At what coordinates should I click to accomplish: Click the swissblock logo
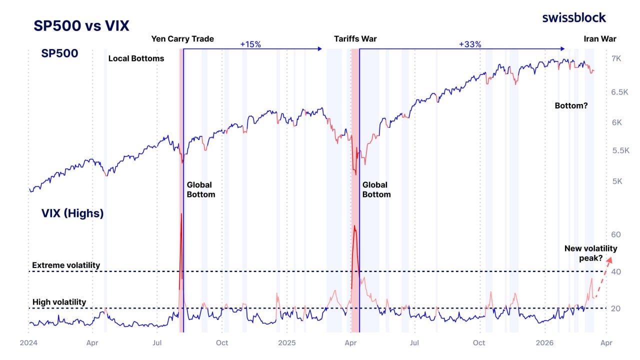point(574,17)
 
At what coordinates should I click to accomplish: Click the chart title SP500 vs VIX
point(81,25)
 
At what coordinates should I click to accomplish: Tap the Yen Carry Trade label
point(182,38)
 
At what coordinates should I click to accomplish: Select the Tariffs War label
point(355,38)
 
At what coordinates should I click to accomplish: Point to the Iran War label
point(600,38)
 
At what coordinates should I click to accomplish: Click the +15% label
point(250,44)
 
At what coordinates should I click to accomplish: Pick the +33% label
point(470,44)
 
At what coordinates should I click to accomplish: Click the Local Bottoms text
point(136,58)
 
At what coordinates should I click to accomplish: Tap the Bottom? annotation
point(571,106)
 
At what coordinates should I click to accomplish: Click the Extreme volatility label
point(66,265)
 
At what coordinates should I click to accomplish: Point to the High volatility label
point(59,302)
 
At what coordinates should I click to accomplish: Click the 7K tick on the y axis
point(616,58)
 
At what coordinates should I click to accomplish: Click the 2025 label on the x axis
point(287,343)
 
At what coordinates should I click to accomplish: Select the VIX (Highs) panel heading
point(72,213)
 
